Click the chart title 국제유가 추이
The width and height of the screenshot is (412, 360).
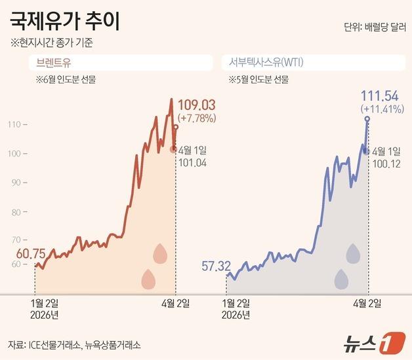click(x=66, y=24)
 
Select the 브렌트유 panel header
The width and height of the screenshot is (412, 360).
click(x=53, y=63)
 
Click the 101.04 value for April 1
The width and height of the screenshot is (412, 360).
click(x=193, y=162)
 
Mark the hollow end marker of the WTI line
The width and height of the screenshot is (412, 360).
click(x=367, y=119)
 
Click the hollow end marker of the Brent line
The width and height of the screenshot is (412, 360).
click(x=176, y=127)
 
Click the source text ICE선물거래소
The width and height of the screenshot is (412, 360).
click(x=54, y=344)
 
